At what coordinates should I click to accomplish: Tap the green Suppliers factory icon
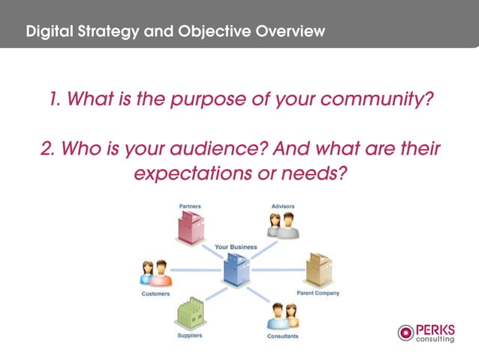pos(189,314)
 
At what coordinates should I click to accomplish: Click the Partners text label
pos(190,206)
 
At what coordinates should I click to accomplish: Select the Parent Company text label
pos(318,293)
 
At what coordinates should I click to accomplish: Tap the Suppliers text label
pos(189,335)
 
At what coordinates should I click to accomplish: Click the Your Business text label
pos(235,247)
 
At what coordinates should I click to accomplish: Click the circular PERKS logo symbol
pos(405,333)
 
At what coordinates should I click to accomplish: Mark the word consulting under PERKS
pos(435,339)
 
